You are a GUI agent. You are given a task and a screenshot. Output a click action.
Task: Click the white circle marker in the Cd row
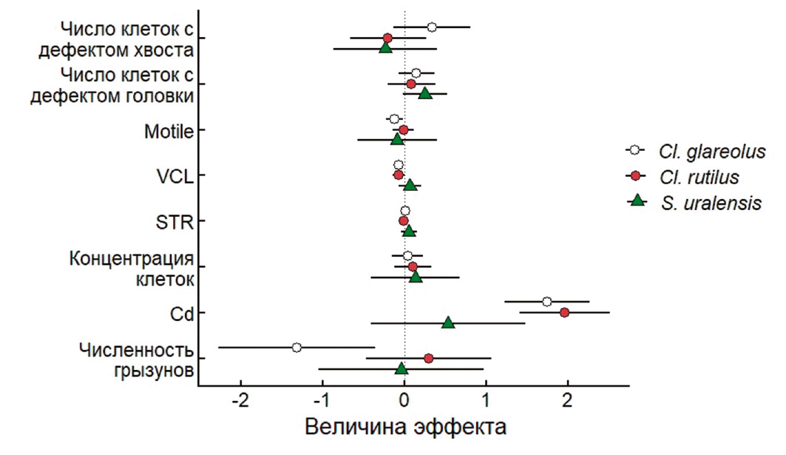point(546,301)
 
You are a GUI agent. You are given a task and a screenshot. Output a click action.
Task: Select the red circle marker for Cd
point(564,312)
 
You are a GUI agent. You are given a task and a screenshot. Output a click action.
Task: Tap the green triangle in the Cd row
point(448,323)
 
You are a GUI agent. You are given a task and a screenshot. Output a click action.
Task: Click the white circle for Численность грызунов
point(297,347)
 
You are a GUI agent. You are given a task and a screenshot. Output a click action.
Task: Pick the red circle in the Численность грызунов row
point(428,358)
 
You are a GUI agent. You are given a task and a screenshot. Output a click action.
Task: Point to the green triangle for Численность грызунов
point(402,368)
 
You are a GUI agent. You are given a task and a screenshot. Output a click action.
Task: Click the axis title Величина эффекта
point(406,428)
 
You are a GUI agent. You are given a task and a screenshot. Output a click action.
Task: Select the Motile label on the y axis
point(169,132)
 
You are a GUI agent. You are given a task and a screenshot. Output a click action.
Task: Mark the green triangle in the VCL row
point(410,185)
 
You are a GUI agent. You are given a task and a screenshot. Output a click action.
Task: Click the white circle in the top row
point(432,27)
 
